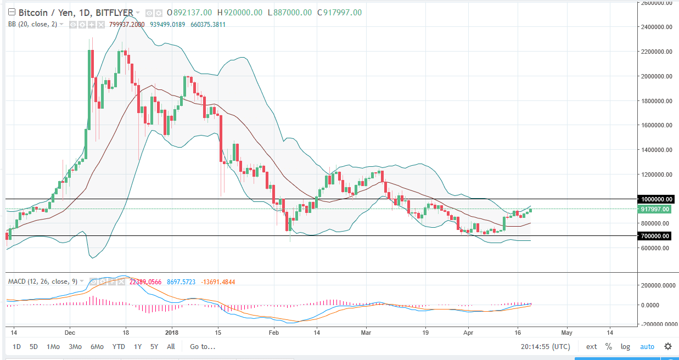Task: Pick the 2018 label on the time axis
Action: pyautogui.click(x=172, y=333)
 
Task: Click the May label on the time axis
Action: pyautogui.click(x=566, y=333)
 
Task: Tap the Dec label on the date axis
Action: pyautogui.click(x=70, y=333)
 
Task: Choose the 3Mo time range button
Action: pyautogui.click(x=75, y=347)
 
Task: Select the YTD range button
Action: pyautogui.click(x=118, y=347)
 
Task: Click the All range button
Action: pyautogui.click(x=171, y=347)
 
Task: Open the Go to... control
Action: pyautogui.click(x=203, y=347)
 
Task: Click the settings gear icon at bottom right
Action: pyautogui.click(x=667, y=347)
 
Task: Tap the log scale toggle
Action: pyautogui.click(x=625, y=347)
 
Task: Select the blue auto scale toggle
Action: pyautogui.click(x=647, y=347)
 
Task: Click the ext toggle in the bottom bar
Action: pyautogui.click(x=591, y=347)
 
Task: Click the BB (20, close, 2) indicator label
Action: pyautogui.click(x=32, y=24)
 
